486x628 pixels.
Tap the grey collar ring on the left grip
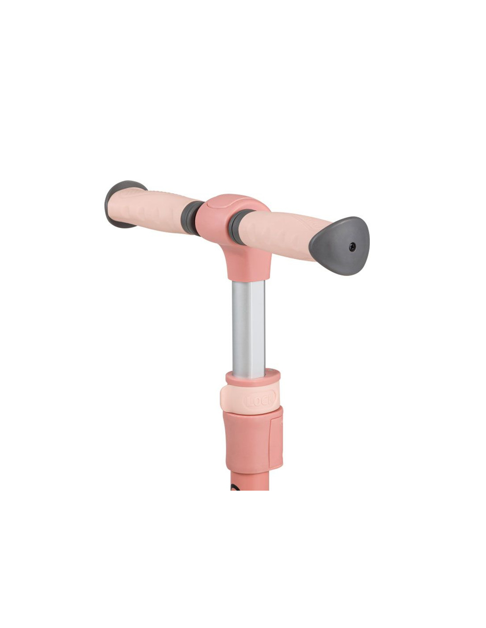[190, 218]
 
